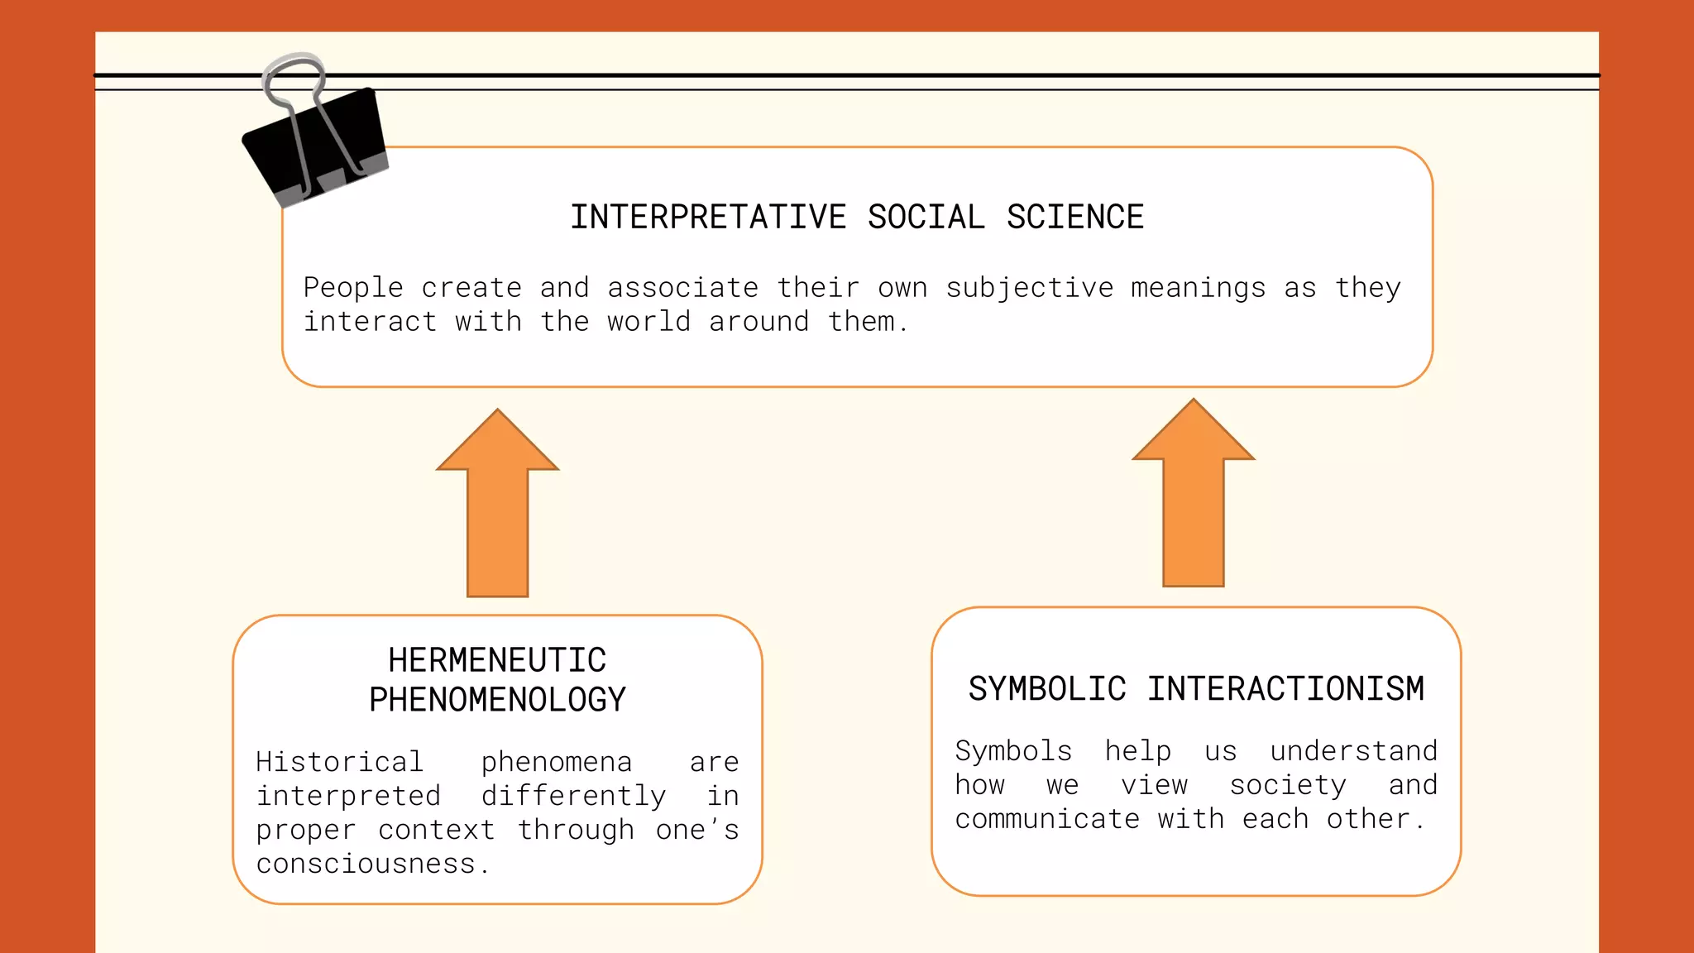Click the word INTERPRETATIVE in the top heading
click(x=708, y=218)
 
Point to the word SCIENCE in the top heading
click(x=1075, y=218)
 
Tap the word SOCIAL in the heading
click(x=926, y=218)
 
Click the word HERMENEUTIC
click(x=497, y=661)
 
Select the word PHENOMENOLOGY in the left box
click(x=497, y=700)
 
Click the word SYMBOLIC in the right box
click(x=1047, y=689)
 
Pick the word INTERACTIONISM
click(x=1285, y=689)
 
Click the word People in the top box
click(x=353, y=288)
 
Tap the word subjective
click(x=1030, y=288)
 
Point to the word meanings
click(x=1198, y=288)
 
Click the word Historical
click(x=339, y=762)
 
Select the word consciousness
click(x=366, y=864)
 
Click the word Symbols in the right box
click(x=1013, y=751)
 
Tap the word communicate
click(x=1047, y=819)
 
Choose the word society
click(x=1288, y=785)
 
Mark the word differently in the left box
click(x=573, y=796)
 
